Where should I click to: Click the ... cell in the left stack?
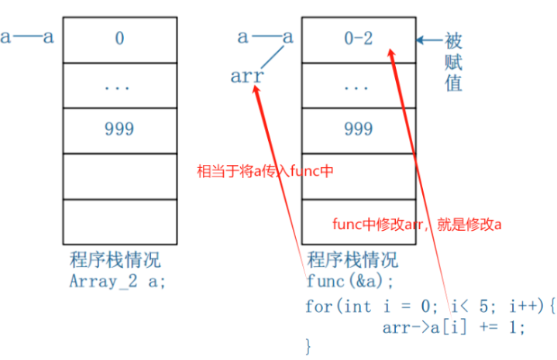pyautogui.click(x=119, y=85)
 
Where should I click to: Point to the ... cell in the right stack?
pyautogui.click(x=357, y=85)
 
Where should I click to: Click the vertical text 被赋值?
pyautogui.click(x=452, y=61)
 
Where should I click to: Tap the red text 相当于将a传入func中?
pyautogui.click(x=266, y=171)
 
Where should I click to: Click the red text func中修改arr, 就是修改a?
pyautogui.click(x=416, y=225)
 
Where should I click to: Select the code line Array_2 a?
pyautogui.click(x=116, y=280)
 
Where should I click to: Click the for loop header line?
pyautogui.click(x=431, y=305)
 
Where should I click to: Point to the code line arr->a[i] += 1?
pyautogui.click(x=453, y=327)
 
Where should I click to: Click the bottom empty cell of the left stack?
pyautogui.click(x=119, y=221)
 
